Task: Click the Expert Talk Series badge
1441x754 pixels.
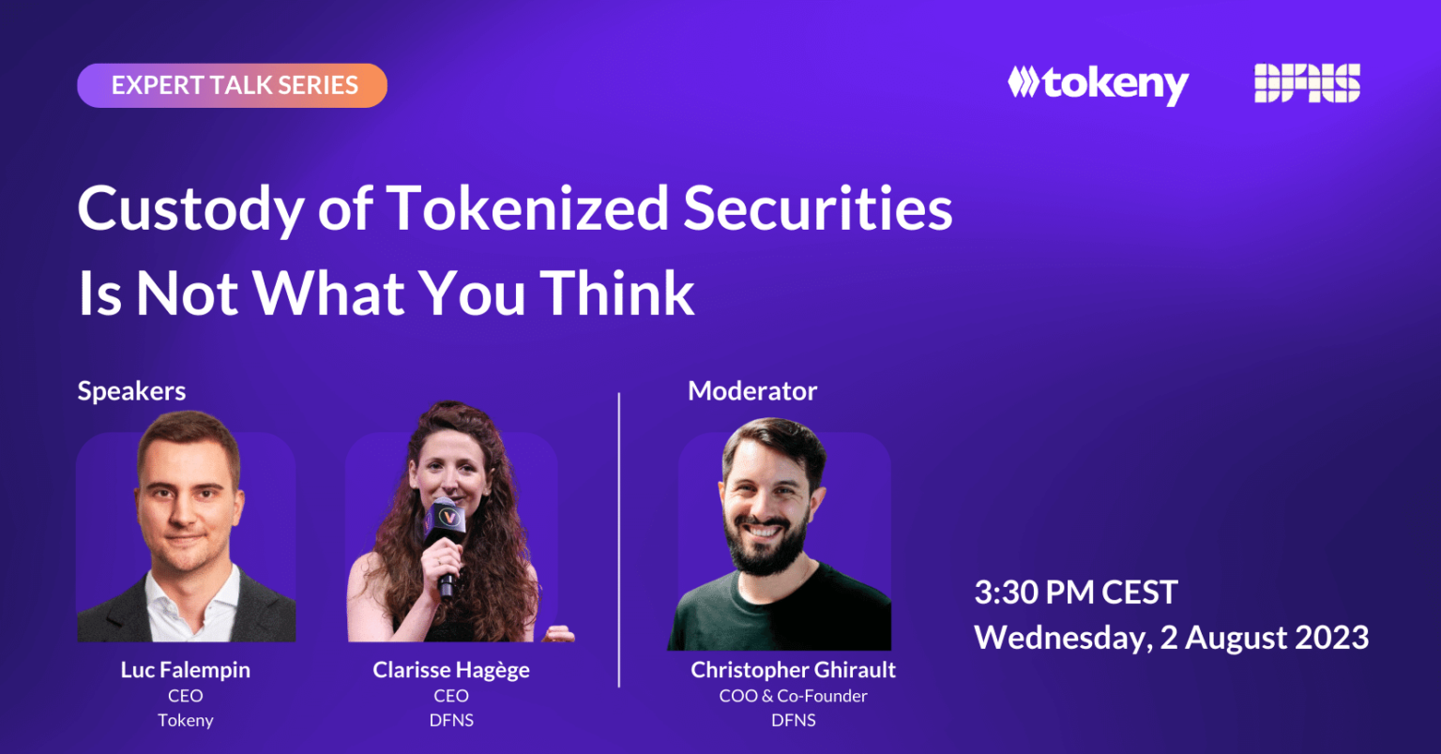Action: [x=233, y=85]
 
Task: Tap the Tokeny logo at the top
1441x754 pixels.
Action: [x=1099, y=84]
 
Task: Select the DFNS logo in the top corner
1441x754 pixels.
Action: [x=1307, y=83]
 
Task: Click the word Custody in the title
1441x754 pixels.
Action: [x=190, y=208]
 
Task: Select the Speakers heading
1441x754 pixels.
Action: [x=132, y=391]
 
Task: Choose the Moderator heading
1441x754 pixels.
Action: [x=752, y=390]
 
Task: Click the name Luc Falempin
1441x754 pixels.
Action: [x=185, y=670]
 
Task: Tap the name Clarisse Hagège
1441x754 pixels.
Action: [x=451, y=670]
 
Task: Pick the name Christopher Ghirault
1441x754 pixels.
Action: [x=793, y=670]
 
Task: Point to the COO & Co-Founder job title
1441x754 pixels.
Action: [x=793, y=696]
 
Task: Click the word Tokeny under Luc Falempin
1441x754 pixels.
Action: [x=185, y=720]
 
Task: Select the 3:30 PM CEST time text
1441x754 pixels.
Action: [x=1076, y=592]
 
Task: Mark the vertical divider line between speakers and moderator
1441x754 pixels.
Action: [x=619, y=540]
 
